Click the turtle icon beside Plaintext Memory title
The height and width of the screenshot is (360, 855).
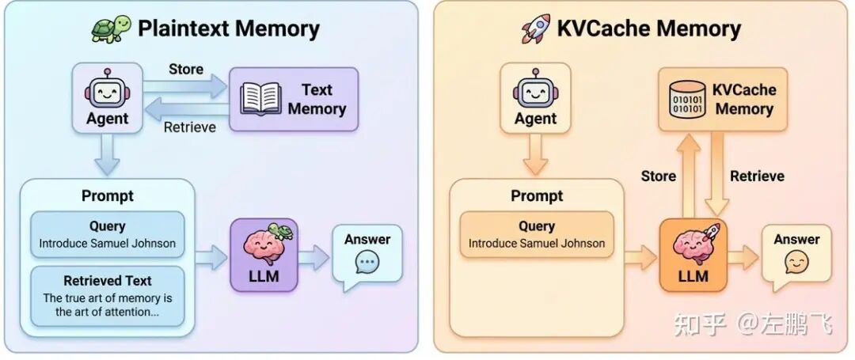[x=109, y=29]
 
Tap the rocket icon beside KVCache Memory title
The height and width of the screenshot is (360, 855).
[x=537, y=29]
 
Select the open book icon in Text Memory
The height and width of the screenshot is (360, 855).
[x=261, y=99]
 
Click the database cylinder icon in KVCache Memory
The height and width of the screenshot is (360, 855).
[x=686, y=100]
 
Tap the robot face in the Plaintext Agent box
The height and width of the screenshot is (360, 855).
[x=107, y=90]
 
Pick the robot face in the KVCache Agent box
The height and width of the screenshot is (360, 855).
[x=536, y=90]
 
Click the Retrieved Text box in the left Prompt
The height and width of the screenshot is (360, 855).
[x=108, y=297]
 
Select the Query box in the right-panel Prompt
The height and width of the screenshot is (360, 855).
[x=537, y=234]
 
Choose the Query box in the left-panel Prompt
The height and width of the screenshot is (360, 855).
[x=108, y=234]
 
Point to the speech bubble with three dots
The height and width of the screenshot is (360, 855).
[x=367, y=262]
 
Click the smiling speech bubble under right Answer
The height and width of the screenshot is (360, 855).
[x=796, y=262]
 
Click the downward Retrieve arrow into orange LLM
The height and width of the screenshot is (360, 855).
[x=717, y=174]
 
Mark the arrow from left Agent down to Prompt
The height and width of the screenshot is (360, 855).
[x=107, y=154]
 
